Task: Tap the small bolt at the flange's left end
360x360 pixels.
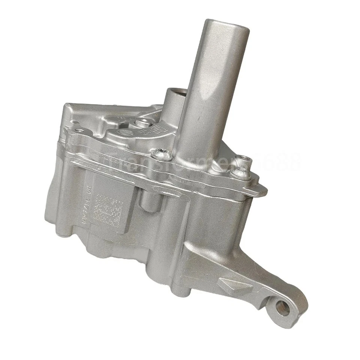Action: [x=80, y=131]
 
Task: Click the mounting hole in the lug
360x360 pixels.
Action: [x=282, y=308]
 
